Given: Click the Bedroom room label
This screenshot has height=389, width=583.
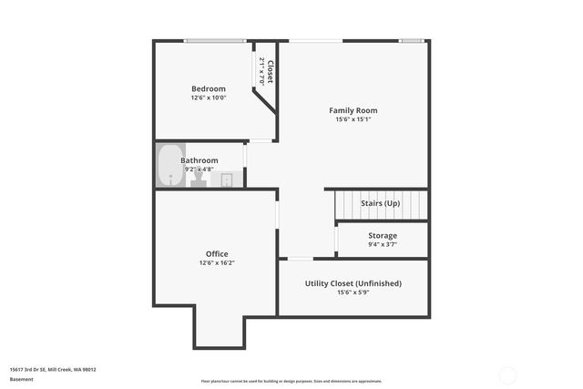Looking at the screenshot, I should (x=208, y=88).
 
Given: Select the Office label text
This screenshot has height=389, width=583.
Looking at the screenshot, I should (x=217, y=254).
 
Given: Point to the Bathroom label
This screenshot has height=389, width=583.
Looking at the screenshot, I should (x=199, y=160).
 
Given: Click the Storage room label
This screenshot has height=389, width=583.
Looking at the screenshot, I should (x=382, y=236).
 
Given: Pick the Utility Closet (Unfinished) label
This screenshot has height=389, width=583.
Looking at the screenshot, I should (x=353, y=283).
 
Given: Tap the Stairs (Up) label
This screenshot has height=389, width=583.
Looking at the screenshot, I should (x=380, y=203).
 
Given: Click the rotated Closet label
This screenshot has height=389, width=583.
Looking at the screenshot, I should (x=271, y=72).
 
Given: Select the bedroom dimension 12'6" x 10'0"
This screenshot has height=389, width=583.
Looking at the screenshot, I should (x=208, y=97).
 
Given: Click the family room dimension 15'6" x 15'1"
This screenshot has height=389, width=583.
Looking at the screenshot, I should (x=353, y=119).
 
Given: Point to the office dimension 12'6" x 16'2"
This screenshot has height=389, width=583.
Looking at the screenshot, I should (x=217, y=263).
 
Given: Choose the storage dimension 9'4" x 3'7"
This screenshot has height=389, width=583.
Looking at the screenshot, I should (x=382, y=244).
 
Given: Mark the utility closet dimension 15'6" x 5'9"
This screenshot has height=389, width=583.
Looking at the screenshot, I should (x=353, y=292).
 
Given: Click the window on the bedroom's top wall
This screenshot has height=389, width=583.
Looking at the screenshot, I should (x=215, y=40).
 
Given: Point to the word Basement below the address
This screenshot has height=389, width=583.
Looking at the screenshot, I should (x=21, y=379).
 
